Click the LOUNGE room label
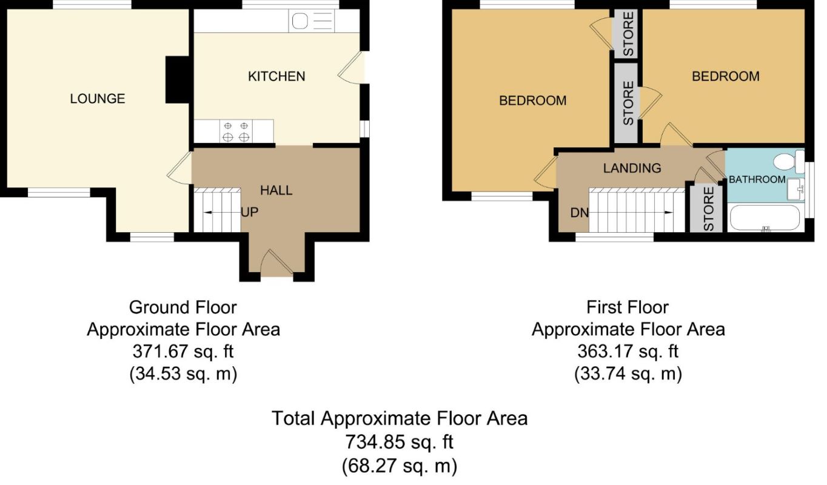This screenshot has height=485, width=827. [98, 99]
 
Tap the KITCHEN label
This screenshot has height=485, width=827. [276, 76]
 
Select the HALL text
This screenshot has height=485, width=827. [276, 190]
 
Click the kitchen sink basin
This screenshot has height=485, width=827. [300, 21]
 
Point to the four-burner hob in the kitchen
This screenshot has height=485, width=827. [236, 131]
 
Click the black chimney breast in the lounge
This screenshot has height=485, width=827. [178, 80]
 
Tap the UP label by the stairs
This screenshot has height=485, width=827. [250, 212]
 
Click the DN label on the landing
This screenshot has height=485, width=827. [579, 213]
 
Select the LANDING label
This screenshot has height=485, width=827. [632, 169]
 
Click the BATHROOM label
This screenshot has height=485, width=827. [757, 179]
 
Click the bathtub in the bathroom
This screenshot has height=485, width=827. [765, 218]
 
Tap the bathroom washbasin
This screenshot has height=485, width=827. [796, 189]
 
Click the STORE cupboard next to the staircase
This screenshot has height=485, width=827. [706, 209]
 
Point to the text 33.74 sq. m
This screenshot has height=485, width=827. [628, 374]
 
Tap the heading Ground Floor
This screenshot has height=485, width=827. [182, 307]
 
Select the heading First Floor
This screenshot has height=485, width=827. [628, 307]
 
